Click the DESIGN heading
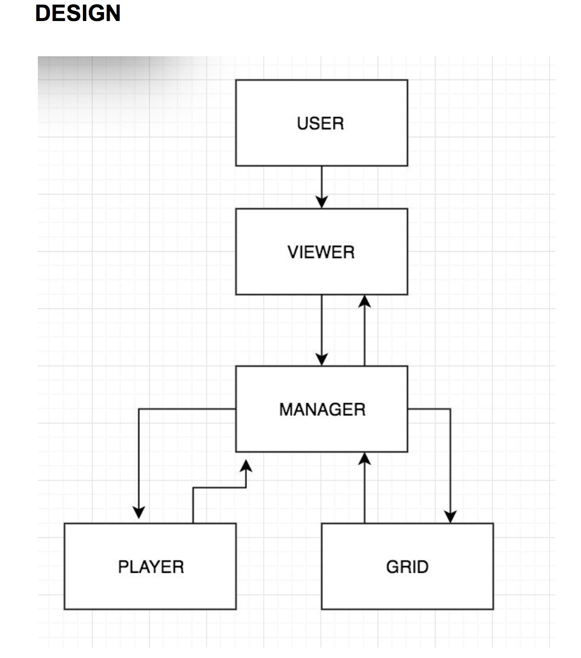pyautogui.click(x=78, y=13)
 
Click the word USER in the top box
pyautogui.click(x=320, y=124)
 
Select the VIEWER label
pyautogui.click(x=321, y=252)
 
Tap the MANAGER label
pyautogui.click(x=323, y=409)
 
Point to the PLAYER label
pyautogui.click(x=151, y=567)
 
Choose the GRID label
pyautogui.click(x=407, y=567)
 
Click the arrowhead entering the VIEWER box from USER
pyautogui.click(x=321, y=202)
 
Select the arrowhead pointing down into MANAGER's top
pyautogui.click(x=321, y=359)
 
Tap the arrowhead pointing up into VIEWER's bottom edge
pyautogui.click(x=365, y=301)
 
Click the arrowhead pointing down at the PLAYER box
pyautogui.click(x=139, y=512)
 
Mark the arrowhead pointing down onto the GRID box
pyautogui.click(x=450, y=517)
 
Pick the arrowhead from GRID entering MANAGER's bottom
pyautogui.click(x=365, y=459)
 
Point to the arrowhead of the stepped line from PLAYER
pyautogui.click(x=246, y=466)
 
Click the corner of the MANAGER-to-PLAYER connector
pyautogui.click(x=139, y=409)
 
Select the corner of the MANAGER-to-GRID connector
pyautogui.click(x=450, y=409)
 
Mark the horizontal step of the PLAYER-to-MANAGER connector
pyautogui.click(x=220, y=488)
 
